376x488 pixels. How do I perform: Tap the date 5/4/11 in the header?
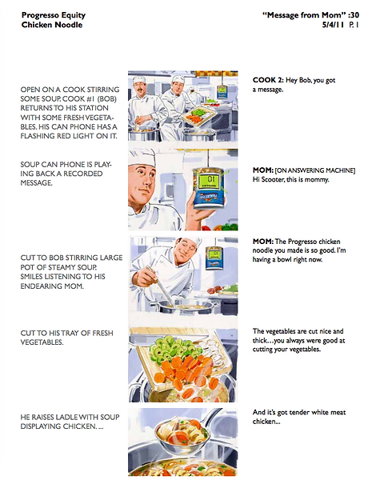(x=333, y=25)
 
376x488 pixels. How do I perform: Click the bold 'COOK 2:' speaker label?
(x=268, y=80)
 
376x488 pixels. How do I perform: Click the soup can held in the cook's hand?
(x=208, y=188)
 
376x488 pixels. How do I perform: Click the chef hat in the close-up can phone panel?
(x=142, y=157)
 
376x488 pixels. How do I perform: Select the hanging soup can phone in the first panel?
(x=222, y=91)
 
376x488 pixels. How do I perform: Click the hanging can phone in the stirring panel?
(x=214, y=258)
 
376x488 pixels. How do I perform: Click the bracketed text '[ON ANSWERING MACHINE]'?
(x=315, y=170)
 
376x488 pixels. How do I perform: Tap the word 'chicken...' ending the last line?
(x=266, y=422)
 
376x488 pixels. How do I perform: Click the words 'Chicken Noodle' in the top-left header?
(x=52, y=25)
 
